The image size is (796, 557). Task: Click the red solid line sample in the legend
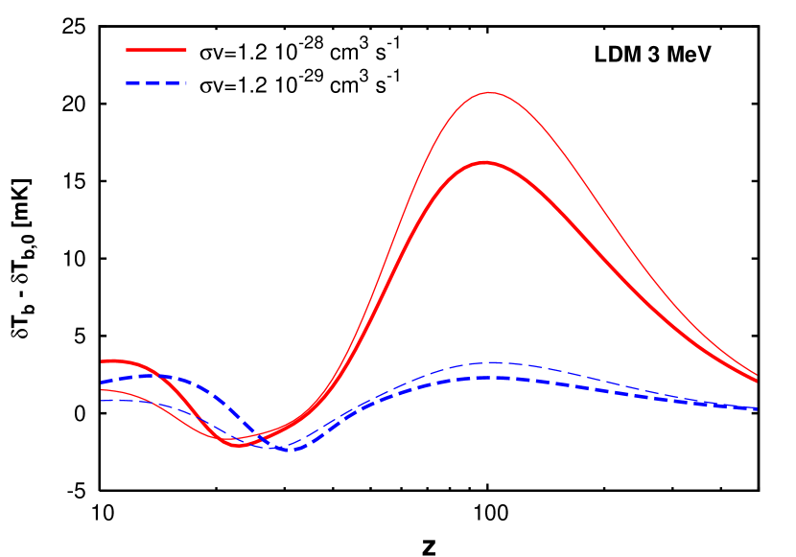click(156, 49)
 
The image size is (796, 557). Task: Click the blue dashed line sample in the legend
click(156, 83)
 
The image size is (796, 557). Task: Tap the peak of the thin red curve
click(489, 93)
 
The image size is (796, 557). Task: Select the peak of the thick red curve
click(485, 163)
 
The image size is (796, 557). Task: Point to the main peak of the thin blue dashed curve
click(493, 362)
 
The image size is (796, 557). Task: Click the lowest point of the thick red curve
click(237, 446)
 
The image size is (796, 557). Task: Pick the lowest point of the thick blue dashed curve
click(293, 450)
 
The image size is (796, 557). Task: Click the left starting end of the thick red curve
click(102, 361)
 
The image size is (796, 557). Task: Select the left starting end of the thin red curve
click(102, 389)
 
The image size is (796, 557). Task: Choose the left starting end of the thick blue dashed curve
click(102, 383)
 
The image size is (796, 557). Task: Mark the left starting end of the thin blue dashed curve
click(102, 401)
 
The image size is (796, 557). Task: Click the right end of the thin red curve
click(757, 375)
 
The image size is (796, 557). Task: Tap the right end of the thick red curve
click(757, 381)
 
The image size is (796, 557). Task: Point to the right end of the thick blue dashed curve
click(757, 408)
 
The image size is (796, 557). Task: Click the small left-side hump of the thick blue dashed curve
click(152, 375)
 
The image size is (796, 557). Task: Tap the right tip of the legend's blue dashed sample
click(186, 83)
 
